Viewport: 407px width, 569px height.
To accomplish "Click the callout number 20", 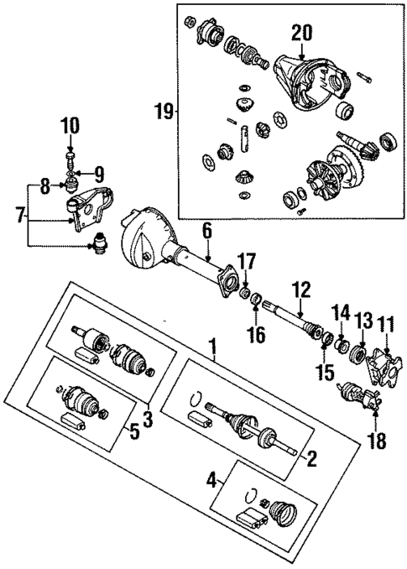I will point(301,33).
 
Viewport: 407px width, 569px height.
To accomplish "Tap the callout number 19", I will point(164,110).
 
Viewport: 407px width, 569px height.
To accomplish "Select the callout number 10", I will point(70,127).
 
